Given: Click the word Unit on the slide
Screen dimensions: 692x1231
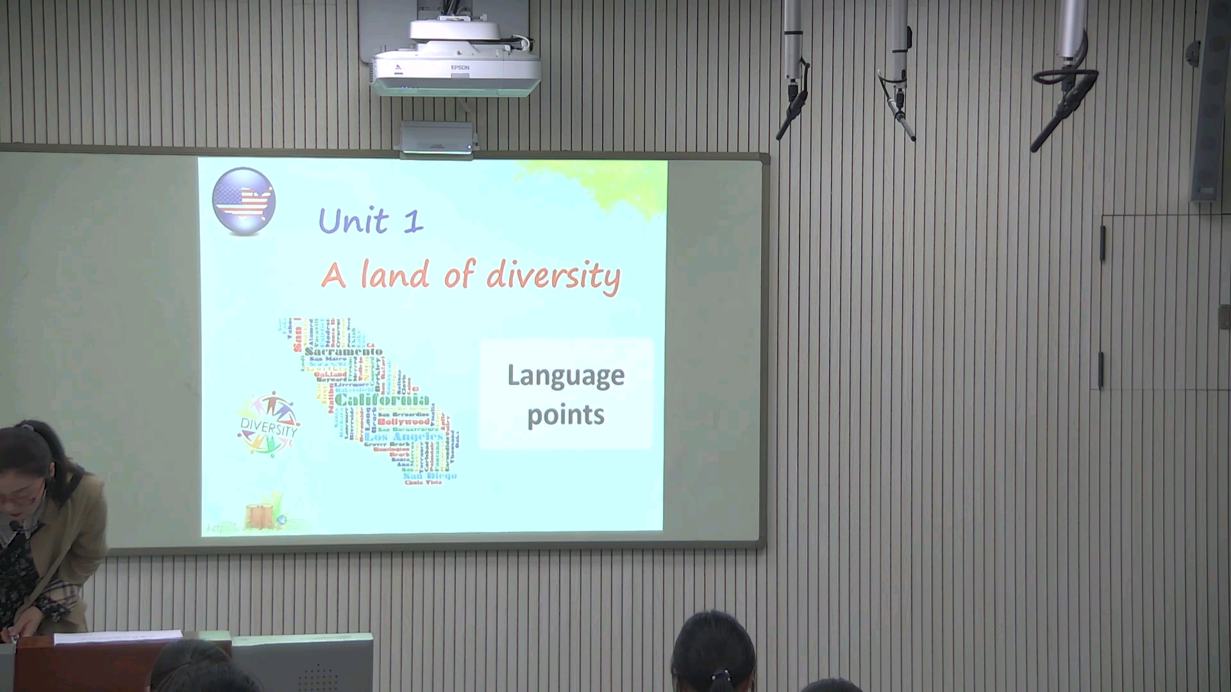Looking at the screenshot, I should pos(353,221).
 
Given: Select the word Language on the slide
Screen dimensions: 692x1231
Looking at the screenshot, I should pos(565,376).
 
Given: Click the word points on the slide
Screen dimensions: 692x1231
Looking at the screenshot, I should pos(565,415).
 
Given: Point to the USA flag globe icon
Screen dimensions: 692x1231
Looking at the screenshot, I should pos(244,201).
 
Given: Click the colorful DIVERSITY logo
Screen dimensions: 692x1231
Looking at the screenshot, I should pos(269,425).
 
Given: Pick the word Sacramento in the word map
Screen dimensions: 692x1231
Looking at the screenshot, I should pos(344,351).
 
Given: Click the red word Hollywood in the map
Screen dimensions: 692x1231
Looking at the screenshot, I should pos(403,422).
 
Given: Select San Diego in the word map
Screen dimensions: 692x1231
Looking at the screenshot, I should pos(430,475).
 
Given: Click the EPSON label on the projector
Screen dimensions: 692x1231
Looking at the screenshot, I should pos(460,67).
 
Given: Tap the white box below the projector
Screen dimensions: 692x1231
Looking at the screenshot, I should pos(437,138).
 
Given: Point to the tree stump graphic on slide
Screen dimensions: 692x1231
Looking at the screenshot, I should pos(260,515).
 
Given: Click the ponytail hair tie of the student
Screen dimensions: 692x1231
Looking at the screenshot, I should pos(721,675).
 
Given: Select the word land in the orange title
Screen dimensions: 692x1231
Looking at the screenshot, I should pos(394,276).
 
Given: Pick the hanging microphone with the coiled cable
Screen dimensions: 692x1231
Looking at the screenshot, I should pos(1064,90).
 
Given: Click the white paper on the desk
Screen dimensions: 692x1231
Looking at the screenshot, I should pos(119,636).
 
